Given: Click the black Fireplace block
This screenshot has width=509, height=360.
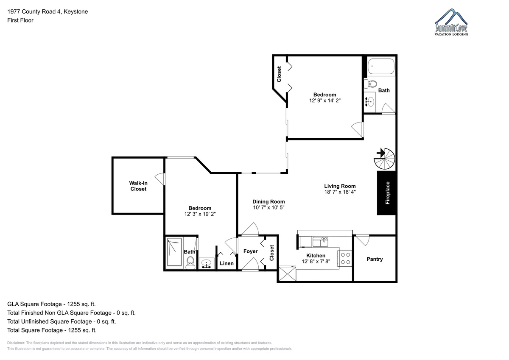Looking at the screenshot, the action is (387, 193).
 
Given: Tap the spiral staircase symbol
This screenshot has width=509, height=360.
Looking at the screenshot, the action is (384, 159).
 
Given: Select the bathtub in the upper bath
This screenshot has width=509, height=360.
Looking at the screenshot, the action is (381, 66).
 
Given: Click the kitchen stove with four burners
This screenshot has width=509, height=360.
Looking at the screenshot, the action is (345, 258).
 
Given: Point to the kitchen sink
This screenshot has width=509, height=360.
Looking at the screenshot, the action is (320, 242).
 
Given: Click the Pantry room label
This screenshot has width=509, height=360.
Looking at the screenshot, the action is (375, 259).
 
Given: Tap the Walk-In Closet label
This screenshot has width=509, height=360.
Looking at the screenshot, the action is (138, 186).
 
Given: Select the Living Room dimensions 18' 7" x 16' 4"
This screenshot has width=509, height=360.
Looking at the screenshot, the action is (340, 192).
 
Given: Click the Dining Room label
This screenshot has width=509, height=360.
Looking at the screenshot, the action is (268, 201).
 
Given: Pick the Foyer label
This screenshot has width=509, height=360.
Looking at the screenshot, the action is (250, 251).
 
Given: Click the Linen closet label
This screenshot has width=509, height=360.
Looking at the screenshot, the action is (227, 263).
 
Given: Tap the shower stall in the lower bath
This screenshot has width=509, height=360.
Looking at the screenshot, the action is (174, 252).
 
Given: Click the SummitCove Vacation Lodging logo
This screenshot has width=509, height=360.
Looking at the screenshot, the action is (451, 22).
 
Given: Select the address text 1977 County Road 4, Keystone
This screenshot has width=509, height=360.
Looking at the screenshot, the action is (48, 11).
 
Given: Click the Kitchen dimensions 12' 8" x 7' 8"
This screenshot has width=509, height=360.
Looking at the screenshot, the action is (316, 262).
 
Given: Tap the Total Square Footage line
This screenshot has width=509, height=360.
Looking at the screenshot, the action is (52, 330).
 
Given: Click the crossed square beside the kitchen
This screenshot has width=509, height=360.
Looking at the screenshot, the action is (288, 273).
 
